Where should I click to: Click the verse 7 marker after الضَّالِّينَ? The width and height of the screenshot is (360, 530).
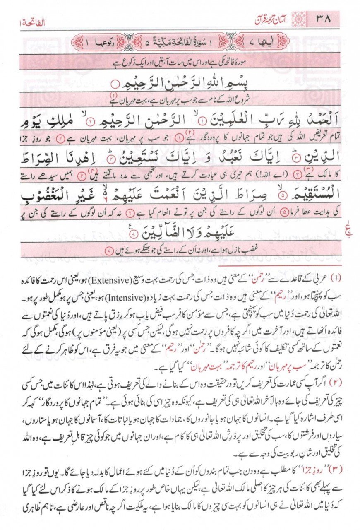(133, 236)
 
